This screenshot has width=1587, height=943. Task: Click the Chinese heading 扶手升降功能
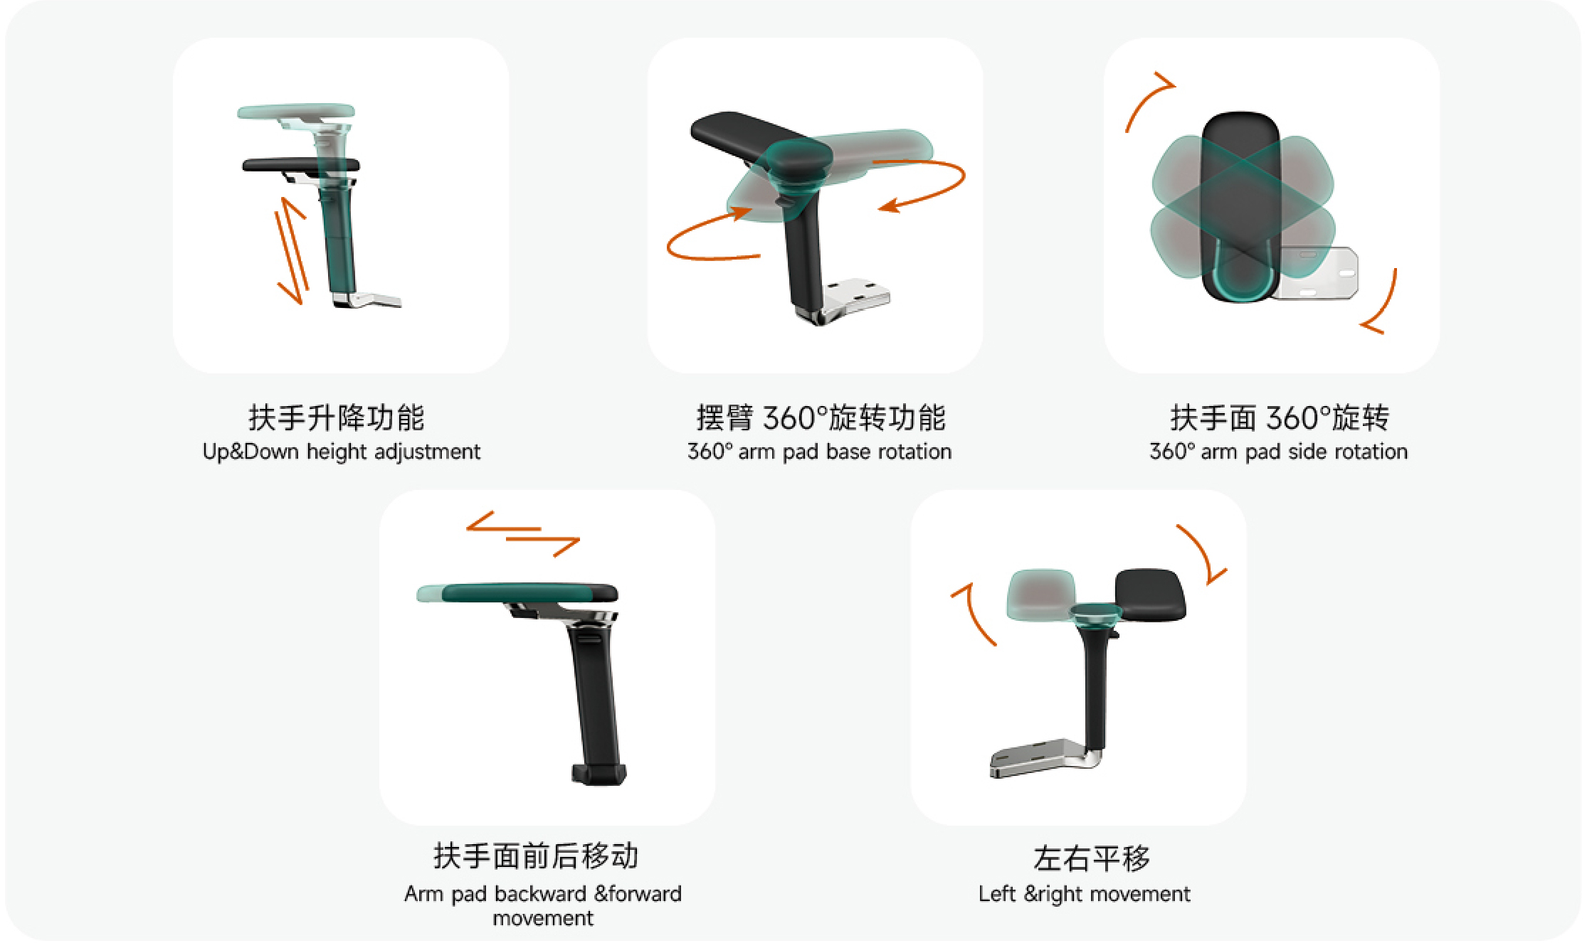tap(336, 417)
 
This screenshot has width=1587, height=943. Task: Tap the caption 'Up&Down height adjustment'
tap(342, 452)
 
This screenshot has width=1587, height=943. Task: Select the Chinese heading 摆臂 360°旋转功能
tap(821, 417)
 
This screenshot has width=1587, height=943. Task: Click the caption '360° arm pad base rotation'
tap(819, 452)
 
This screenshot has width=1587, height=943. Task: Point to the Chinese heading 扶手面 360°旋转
tap(1280, 417)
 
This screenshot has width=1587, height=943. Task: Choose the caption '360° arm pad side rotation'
tap(1278, 452)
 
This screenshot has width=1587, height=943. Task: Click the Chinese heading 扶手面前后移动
tap(536, 856)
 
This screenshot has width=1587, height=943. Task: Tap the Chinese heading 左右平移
tap(1092, 858)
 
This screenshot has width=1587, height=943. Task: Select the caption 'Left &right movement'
tap(1084, 894)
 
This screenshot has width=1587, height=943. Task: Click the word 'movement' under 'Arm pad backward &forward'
tap(542, 918)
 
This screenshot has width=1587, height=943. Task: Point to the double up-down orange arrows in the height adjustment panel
tap(292, 250)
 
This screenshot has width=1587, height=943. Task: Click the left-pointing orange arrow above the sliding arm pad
tap(503, 523)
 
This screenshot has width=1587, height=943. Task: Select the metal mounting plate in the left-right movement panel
tap(1042, 758)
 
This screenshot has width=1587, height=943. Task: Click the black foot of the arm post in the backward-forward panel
tap(599, 774)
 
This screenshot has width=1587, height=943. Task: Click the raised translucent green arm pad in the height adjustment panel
tap(296, 112)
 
